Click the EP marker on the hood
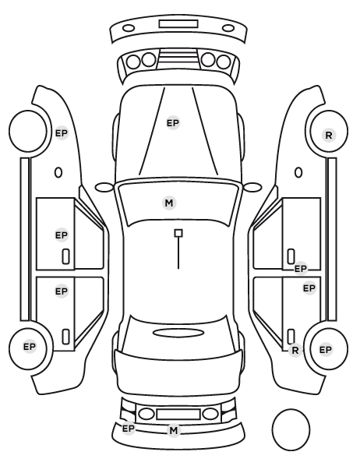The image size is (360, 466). (x=173, y=123)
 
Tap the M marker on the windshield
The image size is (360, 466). (x=169, y=203)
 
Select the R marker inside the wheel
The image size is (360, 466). (x=329, y=136)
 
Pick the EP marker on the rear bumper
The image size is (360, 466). (x=129, y=429)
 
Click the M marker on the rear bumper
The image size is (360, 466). (x=174, y=430)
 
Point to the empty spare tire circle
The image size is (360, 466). (x=291, y=429)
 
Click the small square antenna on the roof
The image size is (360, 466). (x=178, y=233)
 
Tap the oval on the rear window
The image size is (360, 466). (x=178, y=333)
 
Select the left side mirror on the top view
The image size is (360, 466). (x=104, y=187)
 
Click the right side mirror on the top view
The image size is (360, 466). (x=252, y=187)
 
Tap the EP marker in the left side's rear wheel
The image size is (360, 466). (x=30, y=347)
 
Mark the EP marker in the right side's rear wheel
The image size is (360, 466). (x=325, y=349)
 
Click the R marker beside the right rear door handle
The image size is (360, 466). (x=295, y=350)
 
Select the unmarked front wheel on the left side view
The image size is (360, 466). (x=28, y=132)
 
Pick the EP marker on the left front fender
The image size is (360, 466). (x=62, y=133)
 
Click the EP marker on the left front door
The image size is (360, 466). (x=62, y=235)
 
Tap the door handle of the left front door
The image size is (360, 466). (x=65, y=256)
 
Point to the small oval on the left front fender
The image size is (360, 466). (x=58, y=172)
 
